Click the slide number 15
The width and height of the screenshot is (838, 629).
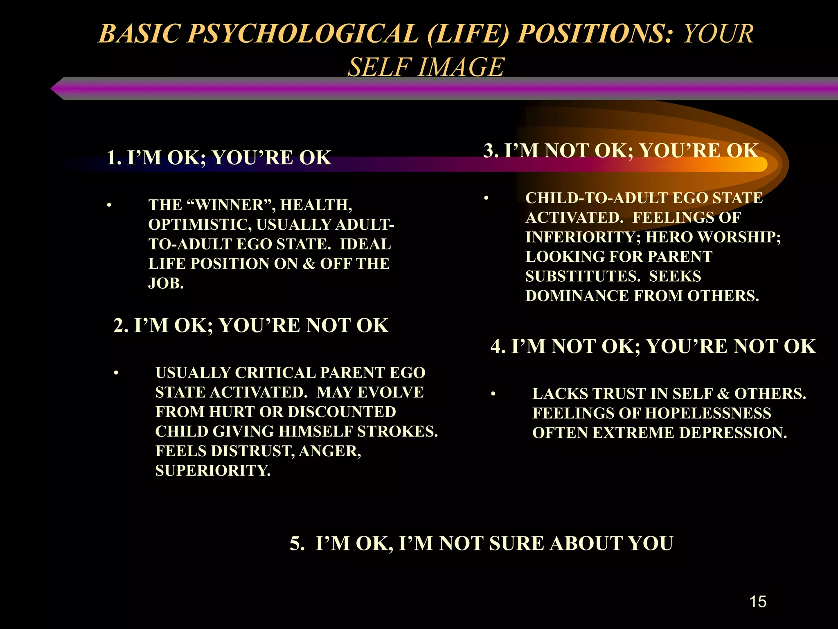point(758,602)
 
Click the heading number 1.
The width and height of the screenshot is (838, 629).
point(113,158)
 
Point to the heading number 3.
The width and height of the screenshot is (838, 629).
point(490,151)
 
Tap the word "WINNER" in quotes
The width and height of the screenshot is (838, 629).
point(231,205)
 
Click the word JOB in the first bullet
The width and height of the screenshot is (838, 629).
point(166,283)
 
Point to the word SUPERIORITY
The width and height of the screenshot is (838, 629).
point(213,471)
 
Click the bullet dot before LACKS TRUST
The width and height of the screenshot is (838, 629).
point(493,394)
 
